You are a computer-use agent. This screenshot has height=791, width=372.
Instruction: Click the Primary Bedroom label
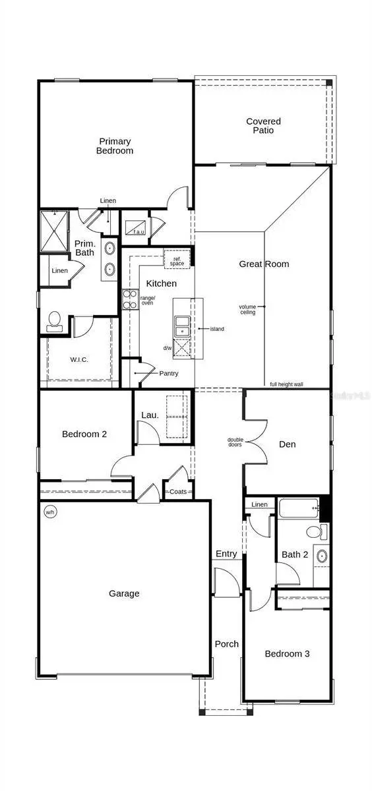pyautogui.click(x=115, y=146)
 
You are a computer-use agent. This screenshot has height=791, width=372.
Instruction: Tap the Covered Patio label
pyautogui.click(x=263, y=126)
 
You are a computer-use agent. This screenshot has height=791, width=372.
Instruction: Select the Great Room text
pyautogui.click(x=263, y=264)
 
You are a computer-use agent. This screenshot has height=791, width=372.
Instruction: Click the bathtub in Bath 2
pyautogui.click(x=297, y=509)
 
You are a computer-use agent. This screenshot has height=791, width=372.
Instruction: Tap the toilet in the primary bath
pyautogui.click(x=55, y=321)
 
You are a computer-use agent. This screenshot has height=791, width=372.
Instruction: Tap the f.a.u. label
pyautogui.click(x=139, y=231)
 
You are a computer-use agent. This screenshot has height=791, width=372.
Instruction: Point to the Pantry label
pyautogui.click(x=168, y=373)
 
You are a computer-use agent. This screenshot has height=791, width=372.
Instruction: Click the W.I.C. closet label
pyautogui.click(x=79, y=359)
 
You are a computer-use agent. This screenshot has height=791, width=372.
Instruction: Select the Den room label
pyautogui.click(x=287, y=444)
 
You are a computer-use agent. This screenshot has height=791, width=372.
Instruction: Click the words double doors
pyautogui.click(x=235, y=442)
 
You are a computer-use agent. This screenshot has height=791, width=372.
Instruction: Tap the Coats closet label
pyautogui.click(x=178, y=492)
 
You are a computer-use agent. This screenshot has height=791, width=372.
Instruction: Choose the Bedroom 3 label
pyautogui.click(x=287, y=654)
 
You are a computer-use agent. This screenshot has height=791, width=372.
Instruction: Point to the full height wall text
pyautogui.click(x=286, y=384)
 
